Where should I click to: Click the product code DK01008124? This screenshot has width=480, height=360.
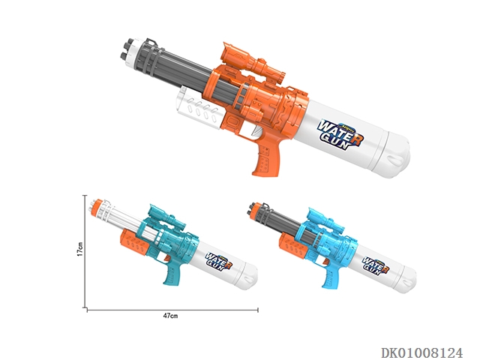(421, 352)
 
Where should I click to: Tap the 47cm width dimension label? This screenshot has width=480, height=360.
(170, 316)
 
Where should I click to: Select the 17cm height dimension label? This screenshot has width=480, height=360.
(80, 249)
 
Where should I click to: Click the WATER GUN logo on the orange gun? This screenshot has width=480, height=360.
(340, 134)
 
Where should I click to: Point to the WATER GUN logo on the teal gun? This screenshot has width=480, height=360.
(218, 260)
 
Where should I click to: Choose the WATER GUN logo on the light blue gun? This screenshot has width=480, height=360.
(375, 265)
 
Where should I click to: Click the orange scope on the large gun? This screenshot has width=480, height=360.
(253, 62)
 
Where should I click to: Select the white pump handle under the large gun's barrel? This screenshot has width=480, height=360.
(199, 108)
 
